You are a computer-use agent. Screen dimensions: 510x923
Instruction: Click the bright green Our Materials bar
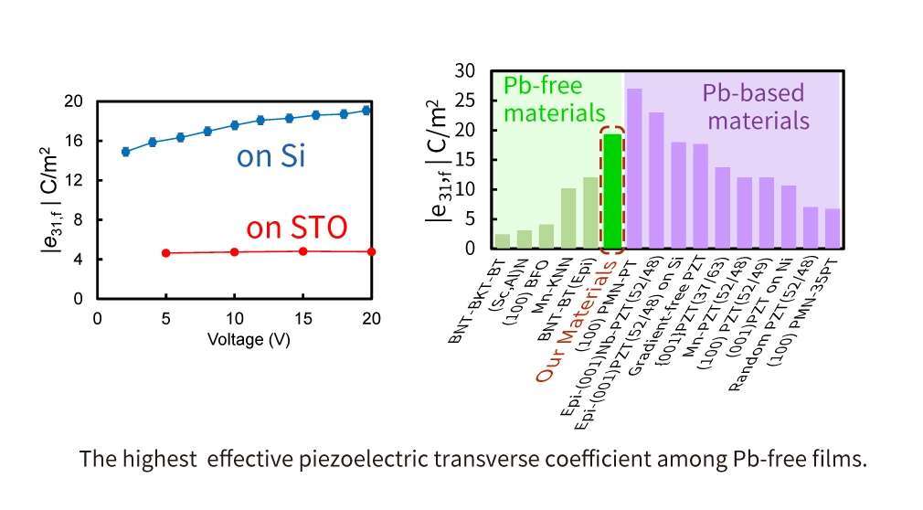click(x=611, y=190)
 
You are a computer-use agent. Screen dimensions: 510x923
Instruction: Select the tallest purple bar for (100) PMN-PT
click(x=634, y=168)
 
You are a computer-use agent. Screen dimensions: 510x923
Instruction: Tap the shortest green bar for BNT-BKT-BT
click(x=503, y=241)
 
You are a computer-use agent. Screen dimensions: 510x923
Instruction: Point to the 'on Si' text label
click(x=271, y=156)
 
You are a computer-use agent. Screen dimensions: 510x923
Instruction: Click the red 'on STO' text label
click(x=297, y=227)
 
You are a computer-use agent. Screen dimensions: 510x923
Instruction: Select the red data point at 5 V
click(x=165, y=252)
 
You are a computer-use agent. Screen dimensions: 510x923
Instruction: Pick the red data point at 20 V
click(x=371, y=251)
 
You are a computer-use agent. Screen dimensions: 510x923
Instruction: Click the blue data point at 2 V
click(x=125, y=152)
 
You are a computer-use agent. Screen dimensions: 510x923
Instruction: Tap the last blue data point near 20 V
click(x=366, y=111)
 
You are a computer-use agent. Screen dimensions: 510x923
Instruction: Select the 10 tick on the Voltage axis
click(x=234, y=317)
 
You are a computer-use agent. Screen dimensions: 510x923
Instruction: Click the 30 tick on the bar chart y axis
click(x=466, y=71)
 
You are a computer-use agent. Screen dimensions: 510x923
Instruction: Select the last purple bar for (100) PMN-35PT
click(x=832, y=228)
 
